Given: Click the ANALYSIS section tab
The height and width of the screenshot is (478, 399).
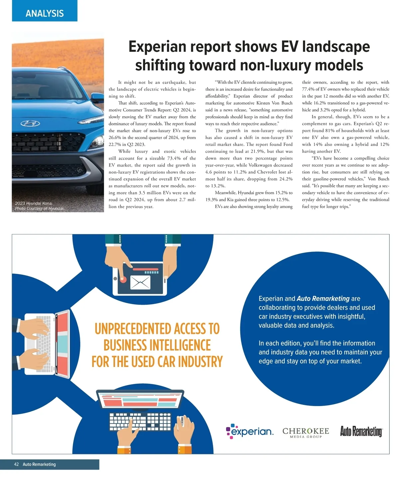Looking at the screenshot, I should [x=45, y=13].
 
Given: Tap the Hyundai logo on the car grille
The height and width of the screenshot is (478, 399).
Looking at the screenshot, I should [x=30, y=124].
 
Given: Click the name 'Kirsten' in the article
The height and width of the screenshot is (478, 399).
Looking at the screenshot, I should [x=263, y=103].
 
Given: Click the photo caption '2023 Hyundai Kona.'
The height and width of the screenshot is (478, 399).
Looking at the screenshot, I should [x=34, y=203].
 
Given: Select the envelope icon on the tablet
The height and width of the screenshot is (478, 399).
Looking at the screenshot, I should [x=140, y=283].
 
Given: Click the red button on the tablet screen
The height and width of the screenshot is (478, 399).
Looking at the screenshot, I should [x=123, y=280].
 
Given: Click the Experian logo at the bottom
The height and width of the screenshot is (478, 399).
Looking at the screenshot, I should [x=250, y=431].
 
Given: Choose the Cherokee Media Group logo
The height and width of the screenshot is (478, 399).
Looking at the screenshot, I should [x=306, y=432].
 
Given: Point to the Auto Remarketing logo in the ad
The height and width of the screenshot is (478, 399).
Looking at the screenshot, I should [x=361, y=431].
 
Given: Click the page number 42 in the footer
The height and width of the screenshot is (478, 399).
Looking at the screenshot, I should [x=16, y=464].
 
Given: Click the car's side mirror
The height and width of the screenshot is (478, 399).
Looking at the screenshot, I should [x=98, y=97].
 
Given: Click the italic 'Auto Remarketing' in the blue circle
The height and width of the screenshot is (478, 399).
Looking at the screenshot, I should [x=323, y=299].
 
